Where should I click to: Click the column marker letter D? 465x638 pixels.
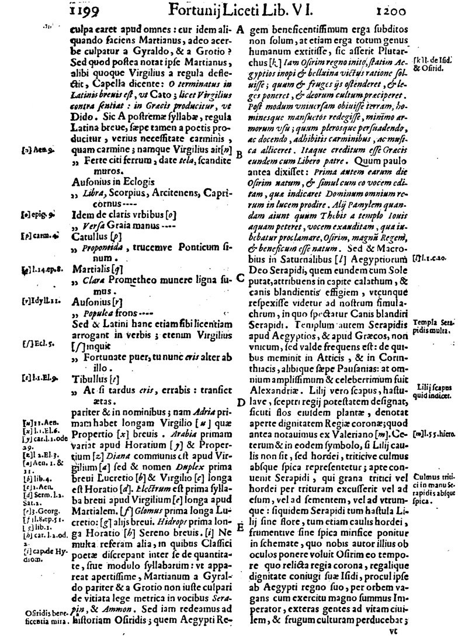pos(241,402)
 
